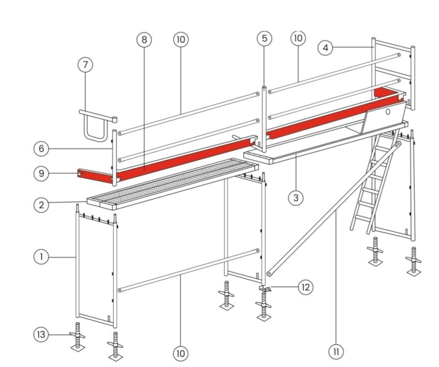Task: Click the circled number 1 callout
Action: [41, 257]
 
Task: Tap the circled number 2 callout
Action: [41, 205]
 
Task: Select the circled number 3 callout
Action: [296, 198]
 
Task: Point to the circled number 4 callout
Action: [325, 48]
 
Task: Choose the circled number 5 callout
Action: [264, 38]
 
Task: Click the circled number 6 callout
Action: [41, 148]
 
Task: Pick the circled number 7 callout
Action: [85, 64]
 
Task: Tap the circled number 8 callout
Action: [144, 39]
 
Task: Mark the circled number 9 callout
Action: [41, 173]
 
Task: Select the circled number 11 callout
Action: [336, 351]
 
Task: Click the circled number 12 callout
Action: [305, 287]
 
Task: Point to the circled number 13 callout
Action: [41, 335]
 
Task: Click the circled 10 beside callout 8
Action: [181, 39]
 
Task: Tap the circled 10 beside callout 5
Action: [298, 38]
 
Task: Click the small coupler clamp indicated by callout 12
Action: [265, 289]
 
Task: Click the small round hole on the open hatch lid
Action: [388, 112]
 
